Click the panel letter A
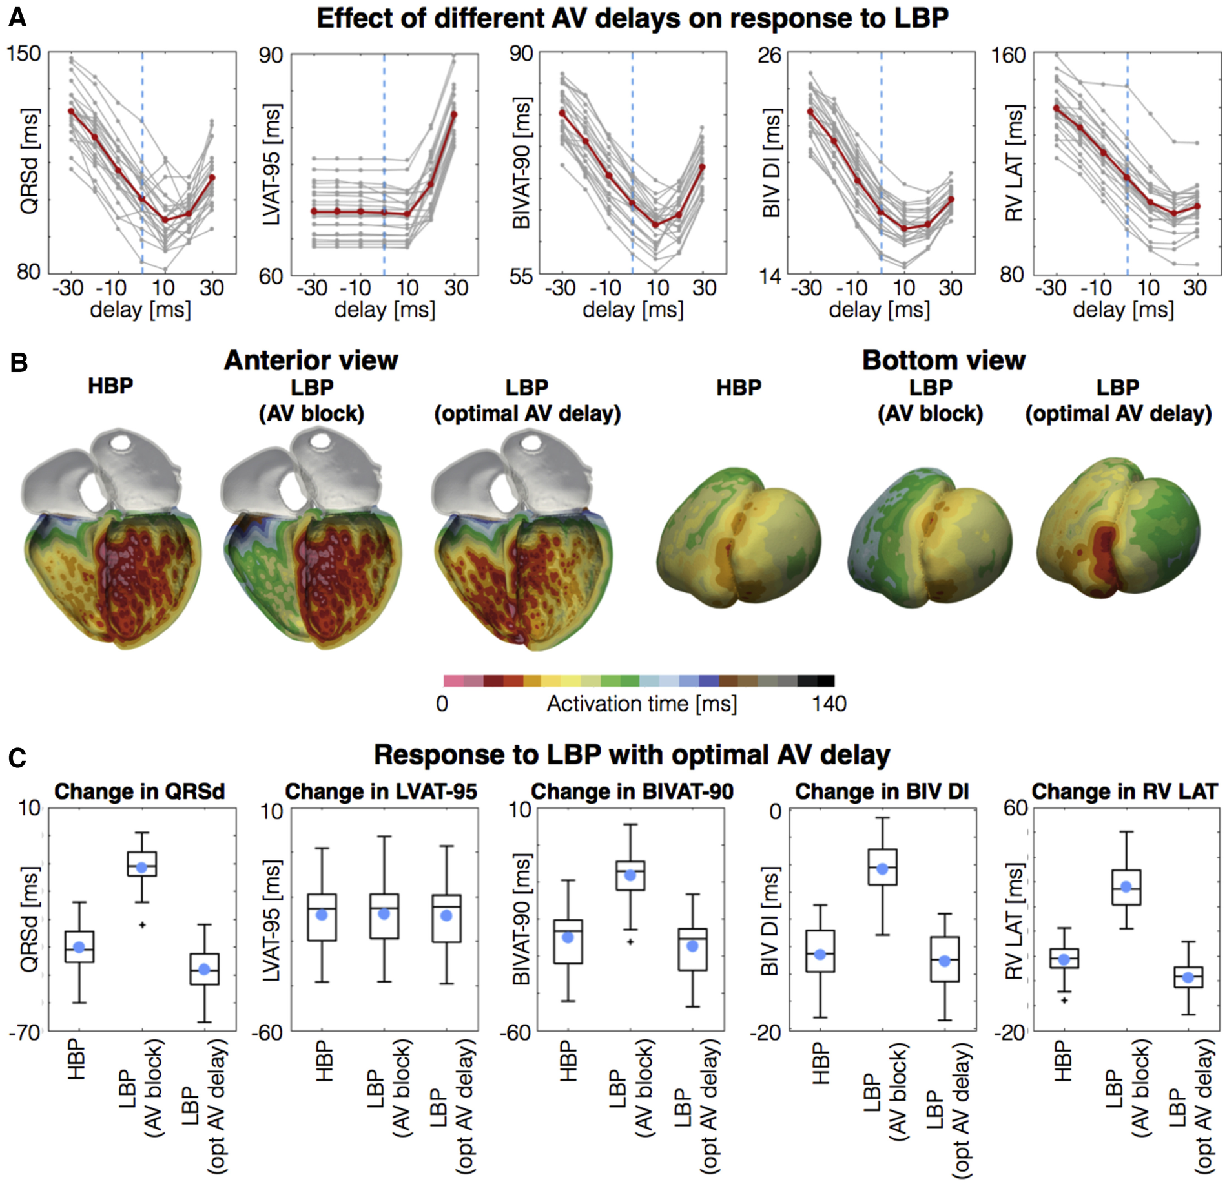(x=17, y=17)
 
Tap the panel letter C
(x=17, y=757)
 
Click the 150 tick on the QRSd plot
(x=24, y=54)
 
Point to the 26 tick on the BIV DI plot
(x=769, y=56)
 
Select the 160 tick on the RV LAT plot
(x=1009, y=56)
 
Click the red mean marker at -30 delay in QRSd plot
(x=71, y=111)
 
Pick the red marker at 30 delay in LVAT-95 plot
(x=455, y=114)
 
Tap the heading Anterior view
(x=311, y=360)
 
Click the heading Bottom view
(x=943, y=360)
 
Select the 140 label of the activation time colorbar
(x=829, y=703)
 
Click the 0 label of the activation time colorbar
(x=442, y=703)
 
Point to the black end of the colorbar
(x=825, y=680)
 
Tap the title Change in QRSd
(x=139, y=792)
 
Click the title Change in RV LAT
(x=1124, y=792)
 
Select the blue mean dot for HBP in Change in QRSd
(x=79, y=947)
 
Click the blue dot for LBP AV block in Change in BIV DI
(x=882, y=869)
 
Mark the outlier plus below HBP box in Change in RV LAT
(x=1064, y=1001)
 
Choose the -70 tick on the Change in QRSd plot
(x=24, y=1032)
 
